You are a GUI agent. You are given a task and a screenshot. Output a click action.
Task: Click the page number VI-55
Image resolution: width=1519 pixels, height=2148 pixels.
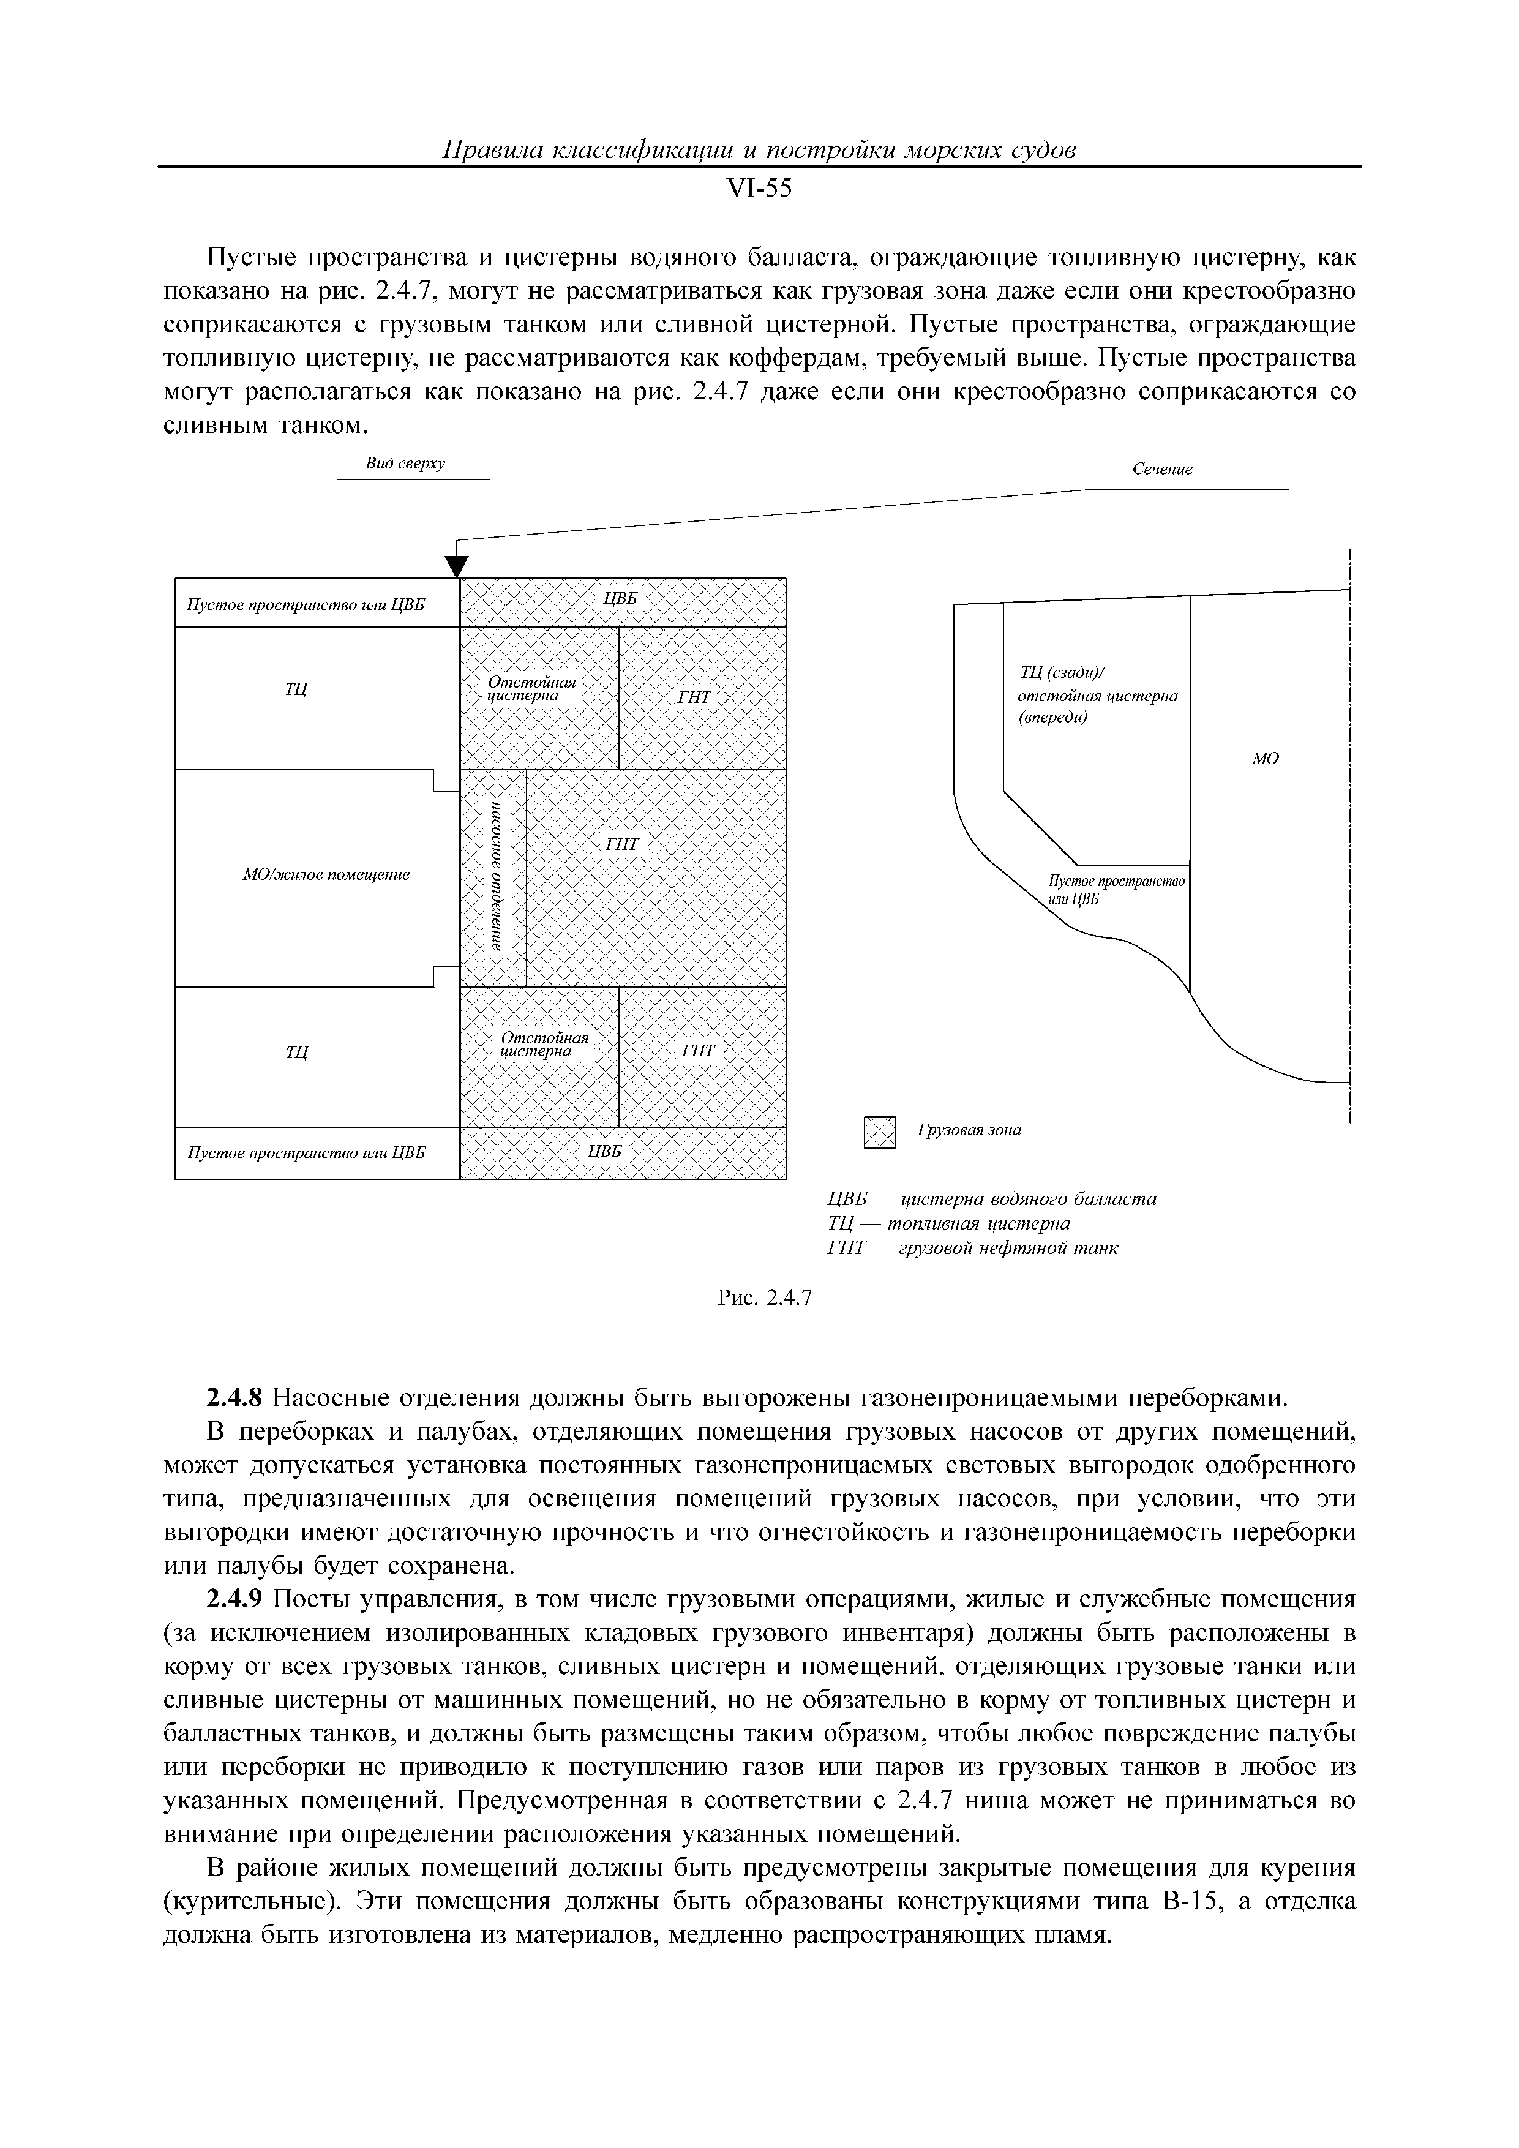(x=759, y=189)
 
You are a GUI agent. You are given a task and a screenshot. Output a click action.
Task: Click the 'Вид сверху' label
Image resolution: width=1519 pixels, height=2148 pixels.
(x=405, y=464)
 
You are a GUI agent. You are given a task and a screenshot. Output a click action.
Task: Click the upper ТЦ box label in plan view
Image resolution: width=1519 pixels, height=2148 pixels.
(x=296, y=689)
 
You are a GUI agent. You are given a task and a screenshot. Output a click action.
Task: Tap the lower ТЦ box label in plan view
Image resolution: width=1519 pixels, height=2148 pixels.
(x=296, y=1053)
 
